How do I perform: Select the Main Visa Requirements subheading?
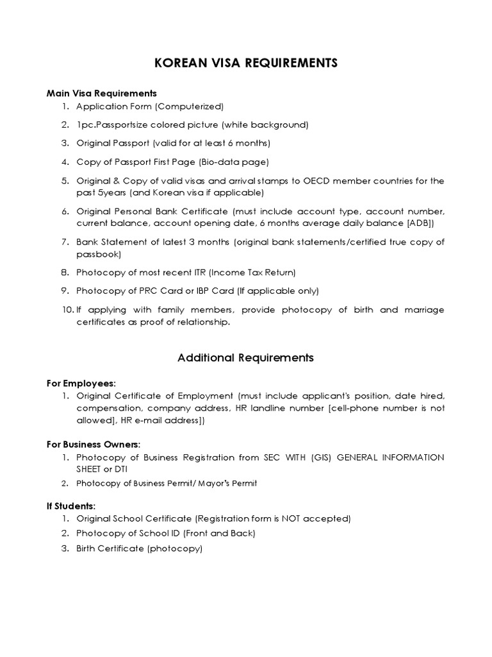pos(101,93)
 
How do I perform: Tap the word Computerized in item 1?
pos(191,107)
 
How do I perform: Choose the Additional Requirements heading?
pos(245,357)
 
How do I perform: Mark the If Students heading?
pos(71,506)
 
